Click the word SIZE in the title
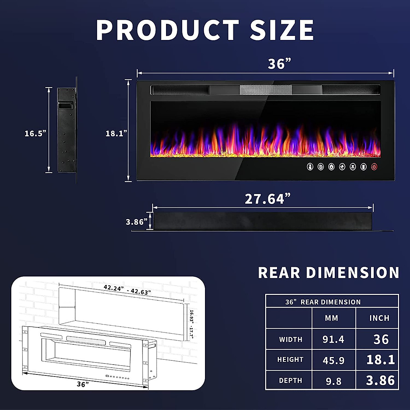tap(282, 30)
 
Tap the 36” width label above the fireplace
tap(279, 64)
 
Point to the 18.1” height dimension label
tap(116, 134)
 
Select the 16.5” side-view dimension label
tap(35, 134)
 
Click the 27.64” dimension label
tap(268, 199)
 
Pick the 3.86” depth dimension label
tap(136, 222)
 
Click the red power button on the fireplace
tap(374, 167)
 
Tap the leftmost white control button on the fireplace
tap(310, 167)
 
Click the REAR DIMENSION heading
tap(328, 273)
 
